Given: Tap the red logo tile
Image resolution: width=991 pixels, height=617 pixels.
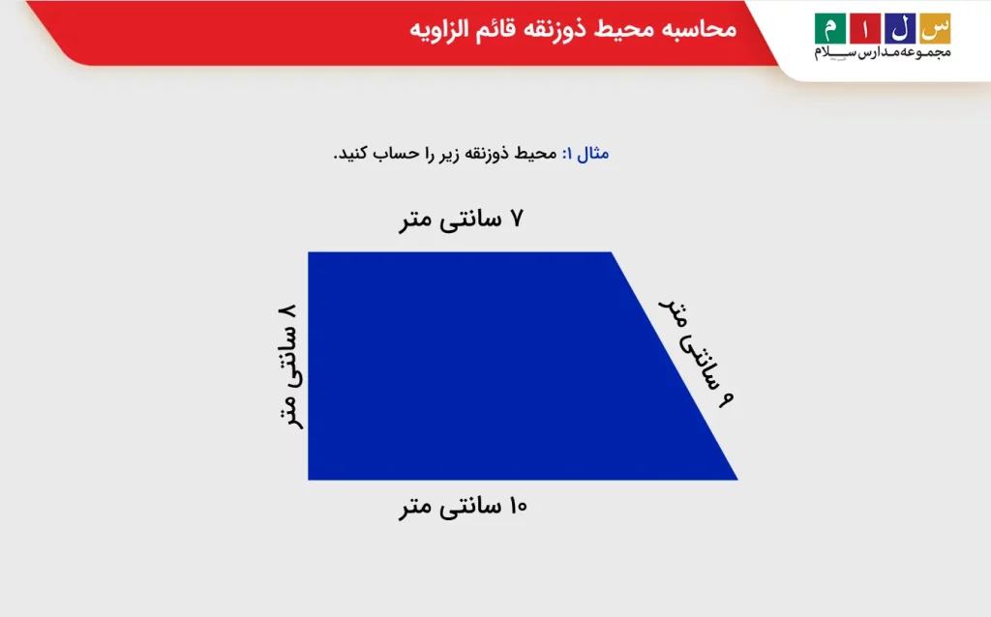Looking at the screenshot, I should tap(864, 28).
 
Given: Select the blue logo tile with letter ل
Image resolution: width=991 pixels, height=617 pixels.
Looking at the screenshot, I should tap(899, 28).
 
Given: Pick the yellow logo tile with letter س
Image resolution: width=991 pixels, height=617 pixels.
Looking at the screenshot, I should tap(934, 28).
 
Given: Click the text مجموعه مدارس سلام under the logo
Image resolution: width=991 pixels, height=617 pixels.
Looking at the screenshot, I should tap(882, 52).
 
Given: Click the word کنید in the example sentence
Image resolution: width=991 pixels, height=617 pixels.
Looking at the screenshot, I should tap(354, 153).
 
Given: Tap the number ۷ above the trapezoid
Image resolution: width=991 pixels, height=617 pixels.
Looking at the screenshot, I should tap(516, 220).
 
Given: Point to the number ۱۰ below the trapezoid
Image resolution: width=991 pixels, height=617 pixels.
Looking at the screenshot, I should tap(515, 506).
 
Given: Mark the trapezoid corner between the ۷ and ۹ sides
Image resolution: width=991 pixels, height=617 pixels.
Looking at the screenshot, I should tap(612, 253).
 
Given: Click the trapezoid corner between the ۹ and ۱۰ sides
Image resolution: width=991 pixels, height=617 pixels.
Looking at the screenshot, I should tap(736, 479).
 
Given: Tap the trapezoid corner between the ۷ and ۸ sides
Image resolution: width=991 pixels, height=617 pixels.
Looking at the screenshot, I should tap(309, 253).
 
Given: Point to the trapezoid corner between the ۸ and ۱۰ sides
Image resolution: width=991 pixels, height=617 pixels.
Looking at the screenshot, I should tap(309, 479).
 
